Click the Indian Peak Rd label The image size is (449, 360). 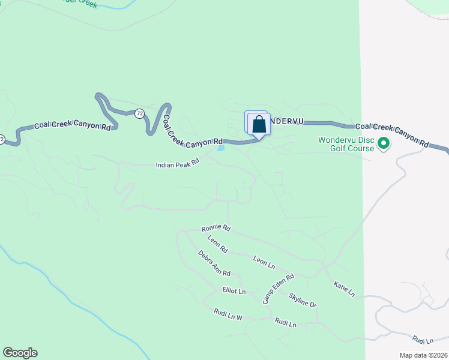coord(177,164)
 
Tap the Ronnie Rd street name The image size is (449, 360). coord(216,228)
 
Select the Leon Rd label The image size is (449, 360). coord(218,244)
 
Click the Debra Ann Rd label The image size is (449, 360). coord(214,263)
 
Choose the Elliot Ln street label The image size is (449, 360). coord(234,291)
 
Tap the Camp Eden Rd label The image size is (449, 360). coord(278,289)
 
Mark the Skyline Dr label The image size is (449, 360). coord(302,299)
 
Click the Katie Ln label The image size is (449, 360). coord(344,290)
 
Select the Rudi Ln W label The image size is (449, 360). coord(228,314)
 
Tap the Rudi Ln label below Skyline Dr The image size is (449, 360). coord(286,323)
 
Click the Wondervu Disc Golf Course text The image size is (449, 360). coord(346,144)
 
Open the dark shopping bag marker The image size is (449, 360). coord(259,125)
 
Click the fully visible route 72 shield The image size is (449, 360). coord(139,113)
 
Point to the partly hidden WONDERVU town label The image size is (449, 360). coord(285,121)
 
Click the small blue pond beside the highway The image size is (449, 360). coord(221,147)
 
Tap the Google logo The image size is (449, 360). coord(20,353)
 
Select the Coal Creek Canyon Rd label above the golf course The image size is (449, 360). coord(391,136)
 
